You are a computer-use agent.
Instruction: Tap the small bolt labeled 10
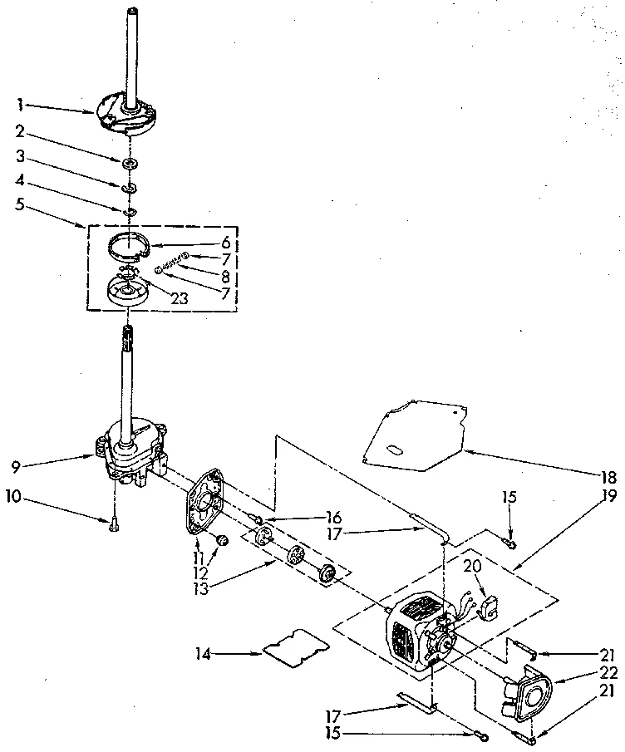pyautogui.click(x=112, y=523)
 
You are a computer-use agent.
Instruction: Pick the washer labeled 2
pyautogui.click(x=130, y=162)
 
